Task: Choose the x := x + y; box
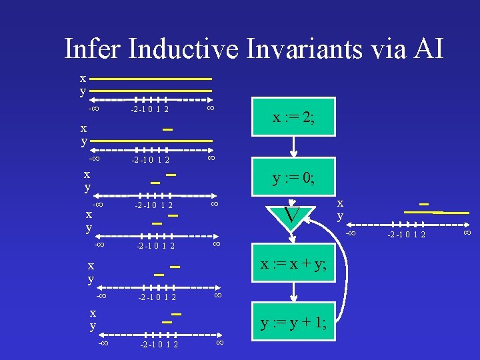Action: pos(293,264)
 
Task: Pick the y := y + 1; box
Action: pos(293,323)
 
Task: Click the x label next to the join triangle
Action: pos(340,203)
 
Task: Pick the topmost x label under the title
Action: pos(83,77)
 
